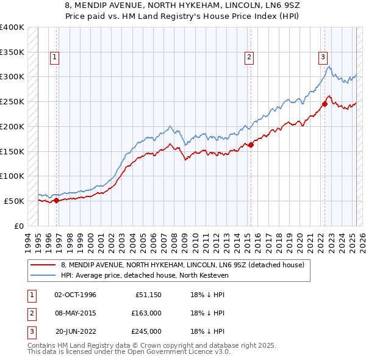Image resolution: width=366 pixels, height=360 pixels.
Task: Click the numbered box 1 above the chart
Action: [54, 58]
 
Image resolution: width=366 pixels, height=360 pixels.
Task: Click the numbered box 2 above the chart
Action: [249, 58]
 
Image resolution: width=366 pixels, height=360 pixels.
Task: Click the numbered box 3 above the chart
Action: [322, 58]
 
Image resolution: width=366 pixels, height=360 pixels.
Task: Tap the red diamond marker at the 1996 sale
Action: [57, 200]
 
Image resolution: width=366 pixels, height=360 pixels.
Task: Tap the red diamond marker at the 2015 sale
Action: [251, 145]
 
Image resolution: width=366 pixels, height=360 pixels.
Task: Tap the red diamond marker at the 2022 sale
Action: [325, 104]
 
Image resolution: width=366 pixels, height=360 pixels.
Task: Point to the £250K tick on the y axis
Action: [12, 101]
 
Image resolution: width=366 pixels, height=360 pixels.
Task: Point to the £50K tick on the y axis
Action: [14, 201]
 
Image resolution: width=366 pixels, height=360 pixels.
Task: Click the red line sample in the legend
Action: [44, 265]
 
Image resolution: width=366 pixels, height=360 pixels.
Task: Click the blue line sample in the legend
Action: [44, 275]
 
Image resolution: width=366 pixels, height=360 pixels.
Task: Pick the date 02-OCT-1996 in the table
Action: [76, 295]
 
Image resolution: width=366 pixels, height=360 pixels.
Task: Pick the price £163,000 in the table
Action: [147, 313]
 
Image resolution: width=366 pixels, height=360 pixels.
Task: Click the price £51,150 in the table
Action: [148, 295]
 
